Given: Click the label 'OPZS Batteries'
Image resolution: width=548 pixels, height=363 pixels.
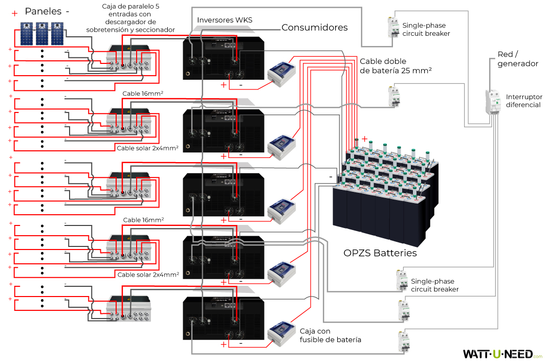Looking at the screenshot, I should pyautogui.click(x=380, y=253).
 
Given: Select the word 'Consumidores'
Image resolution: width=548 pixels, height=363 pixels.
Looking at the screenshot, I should pyautogui.click(x=314, y=28).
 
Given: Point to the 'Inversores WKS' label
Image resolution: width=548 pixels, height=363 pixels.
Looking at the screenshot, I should pyautogui.click(x=225, y=20).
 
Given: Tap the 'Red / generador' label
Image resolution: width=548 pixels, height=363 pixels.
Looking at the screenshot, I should pyautogui.click(x=517, y=59).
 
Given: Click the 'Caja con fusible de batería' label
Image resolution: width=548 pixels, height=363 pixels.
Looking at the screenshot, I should pyautogui.click(x=331, y=335).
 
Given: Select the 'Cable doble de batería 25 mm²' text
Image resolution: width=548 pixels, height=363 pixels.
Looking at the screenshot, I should pyautogui.click(x=396, y=65).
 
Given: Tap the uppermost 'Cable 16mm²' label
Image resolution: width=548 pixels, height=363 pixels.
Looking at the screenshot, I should pyautogui.click(x=143, y=94).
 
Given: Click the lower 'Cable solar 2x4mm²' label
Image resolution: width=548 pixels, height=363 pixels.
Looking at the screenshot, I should pyautogui.click(x=148, y=275).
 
